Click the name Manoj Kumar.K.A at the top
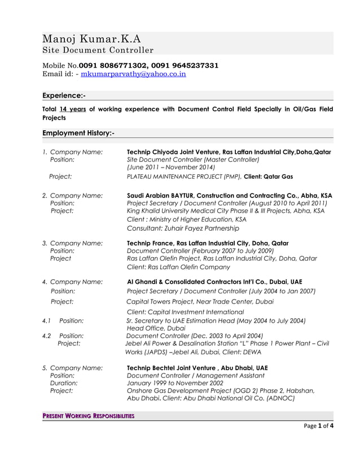(x=92, y=39)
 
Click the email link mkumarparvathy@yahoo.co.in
(x=134, y=74)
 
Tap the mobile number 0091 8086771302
(x=113, y=65)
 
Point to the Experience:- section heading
(x=64, y=95)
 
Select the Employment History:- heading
(x=79, y=133)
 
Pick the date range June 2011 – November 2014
(x=171, y=168)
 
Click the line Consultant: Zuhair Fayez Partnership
(x=183, y=228)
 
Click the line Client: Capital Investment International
(x=185, y=312)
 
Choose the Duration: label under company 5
(x=64, y=383)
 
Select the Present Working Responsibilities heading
(x=89, y=416)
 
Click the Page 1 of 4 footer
(x=318, y=426)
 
